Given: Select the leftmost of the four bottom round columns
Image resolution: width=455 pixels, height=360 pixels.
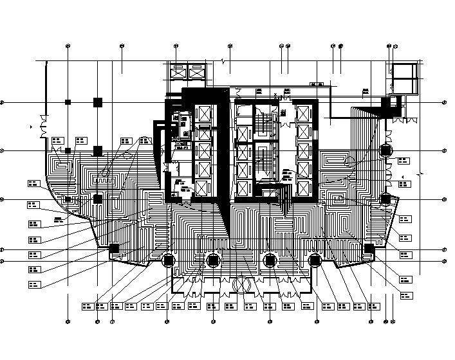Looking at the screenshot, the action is point(169,260).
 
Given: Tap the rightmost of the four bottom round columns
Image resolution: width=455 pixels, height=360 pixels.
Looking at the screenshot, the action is point(315,260).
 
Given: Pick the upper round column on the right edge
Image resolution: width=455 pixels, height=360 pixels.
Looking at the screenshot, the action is point(385,151).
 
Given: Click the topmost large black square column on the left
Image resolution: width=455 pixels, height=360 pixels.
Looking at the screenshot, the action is point(98,102).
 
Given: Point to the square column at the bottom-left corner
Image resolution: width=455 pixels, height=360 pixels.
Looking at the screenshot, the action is point(114,248).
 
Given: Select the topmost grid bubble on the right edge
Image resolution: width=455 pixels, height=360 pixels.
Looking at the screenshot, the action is point(444,102).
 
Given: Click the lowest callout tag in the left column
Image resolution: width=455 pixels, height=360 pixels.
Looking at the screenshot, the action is point(34,284).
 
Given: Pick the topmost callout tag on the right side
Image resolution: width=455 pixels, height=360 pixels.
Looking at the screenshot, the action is point(404,161).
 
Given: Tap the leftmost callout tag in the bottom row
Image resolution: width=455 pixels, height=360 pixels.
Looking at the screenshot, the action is point(87,305).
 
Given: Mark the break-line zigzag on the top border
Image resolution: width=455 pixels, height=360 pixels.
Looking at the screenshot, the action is point(223,61).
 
